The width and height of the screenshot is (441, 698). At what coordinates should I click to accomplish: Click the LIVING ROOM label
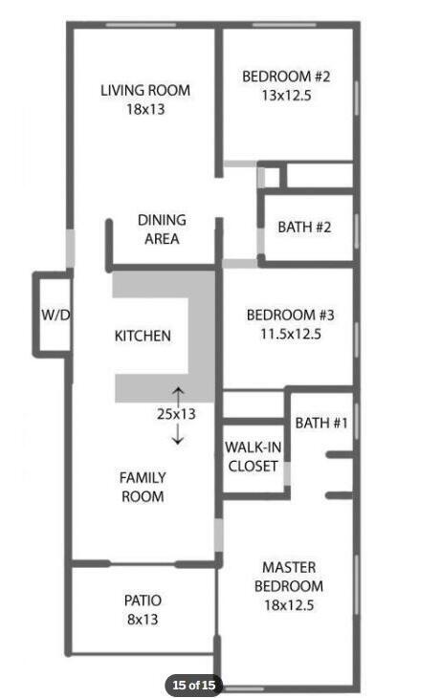click(x=145, y=91)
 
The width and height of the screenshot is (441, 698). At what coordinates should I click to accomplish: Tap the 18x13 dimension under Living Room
click(x=145, y=109)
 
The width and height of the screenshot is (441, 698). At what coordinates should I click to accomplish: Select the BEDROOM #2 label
click(x=286, y=76)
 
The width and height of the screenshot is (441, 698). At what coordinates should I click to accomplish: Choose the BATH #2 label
click(x=304, y=228)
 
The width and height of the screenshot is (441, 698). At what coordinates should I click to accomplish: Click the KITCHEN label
click(x=143, y=336)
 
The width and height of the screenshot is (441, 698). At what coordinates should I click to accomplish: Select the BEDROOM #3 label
click(x=290, y=316)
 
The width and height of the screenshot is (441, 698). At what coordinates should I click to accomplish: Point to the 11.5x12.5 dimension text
click(x=290, y=335)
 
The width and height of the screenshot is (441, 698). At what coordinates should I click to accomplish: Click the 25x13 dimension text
click(x=176, y=414)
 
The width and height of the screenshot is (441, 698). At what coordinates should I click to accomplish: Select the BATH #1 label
click(x=320, y=423)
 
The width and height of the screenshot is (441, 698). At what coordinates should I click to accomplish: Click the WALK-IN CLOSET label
click(x=254, y=457)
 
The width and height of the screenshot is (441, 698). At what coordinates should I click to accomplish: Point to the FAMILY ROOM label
click(x=142, y=487)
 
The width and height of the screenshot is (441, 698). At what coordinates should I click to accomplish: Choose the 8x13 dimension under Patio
click(x=143, y=619)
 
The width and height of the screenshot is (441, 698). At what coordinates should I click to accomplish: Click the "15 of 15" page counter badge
click(x=194, y=685)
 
